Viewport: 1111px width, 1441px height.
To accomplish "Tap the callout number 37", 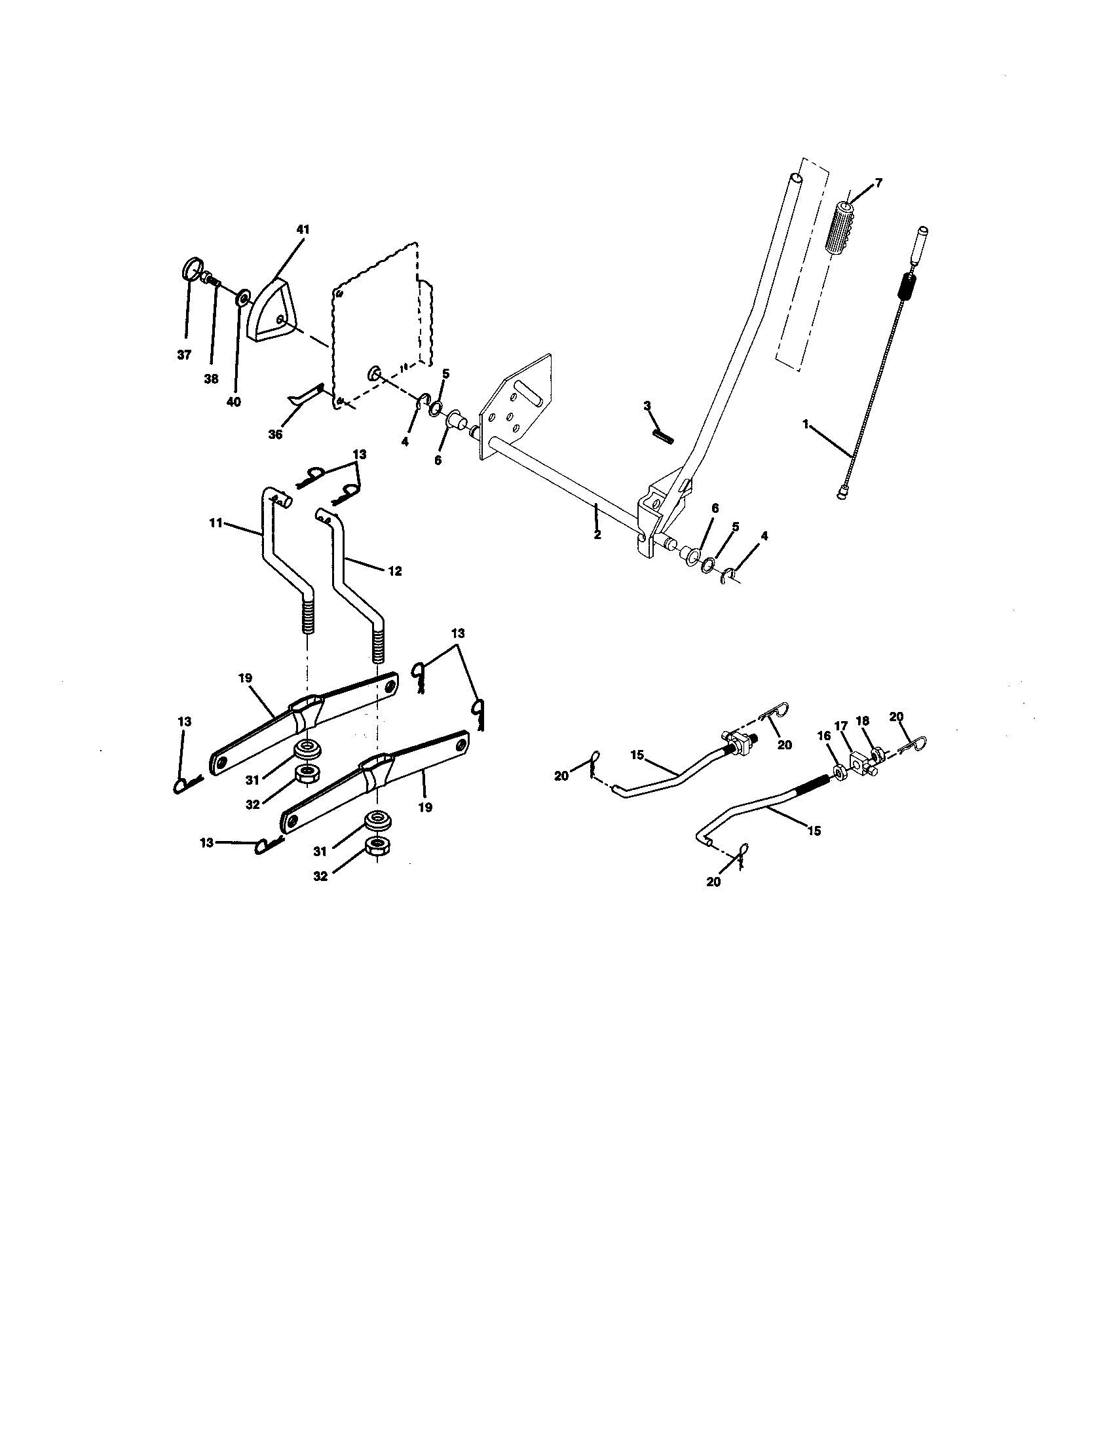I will click(184, 355).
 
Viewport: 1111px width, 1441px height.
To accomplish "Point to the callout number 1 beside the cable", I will click(806, 426).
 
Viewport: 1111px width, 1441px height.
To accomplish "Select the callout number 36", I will click(276, 435).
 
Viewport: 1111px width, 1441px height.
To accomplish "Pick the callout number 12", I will click(394, 571).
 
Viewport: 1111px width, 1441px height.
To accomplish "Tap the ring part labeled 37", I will click(191, 271).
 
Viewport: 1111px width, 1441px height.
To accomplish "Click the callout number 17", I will click(840, 726).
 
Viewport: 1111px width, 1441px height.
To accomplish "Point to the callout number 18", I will click(862, 721).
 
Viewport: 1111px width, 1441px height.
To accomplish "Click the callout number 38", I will click(211, 379).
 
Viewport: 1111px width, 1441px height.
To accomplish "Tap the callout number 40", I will click(234, 402).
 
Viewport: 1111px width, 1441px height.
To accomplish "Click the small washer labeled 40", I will click(242, 293).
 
